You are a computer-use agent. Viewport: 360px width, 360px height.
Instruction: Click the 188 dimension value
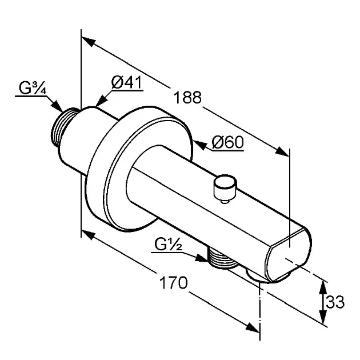(187, 97)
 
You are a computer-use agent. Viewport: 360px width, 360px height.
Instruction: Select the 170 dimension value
(173, 282)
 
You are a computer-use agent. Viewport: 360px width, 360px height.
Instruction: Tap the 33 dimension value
(335, 302)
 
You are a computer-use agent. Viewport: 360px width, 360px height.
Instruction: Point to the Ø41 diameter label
(127, 82)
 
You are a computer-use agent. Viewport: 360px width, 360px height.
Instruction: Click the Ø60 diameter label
(227, 142)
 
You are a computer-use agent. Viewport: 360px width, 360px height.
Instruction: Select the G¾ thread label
(33, 89)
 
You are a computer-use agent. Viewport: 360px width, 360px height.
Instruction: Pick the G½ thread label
(168, 245)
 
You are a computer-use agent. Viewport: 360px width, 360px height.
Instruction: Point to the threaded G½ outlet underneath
(222, 258)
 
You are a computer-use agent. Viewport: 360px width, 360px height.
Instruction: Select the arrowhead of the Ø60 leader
(199, 145)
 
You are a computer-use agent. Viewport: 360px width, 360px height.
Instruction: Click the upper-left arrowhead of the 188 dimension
(89, 41)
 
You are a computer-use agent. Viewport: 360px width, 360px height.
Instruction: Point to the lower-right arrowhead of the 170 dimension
(253, 327)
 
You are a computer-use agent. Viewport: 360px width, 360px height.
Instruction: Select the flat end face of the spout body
(289, 256)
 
